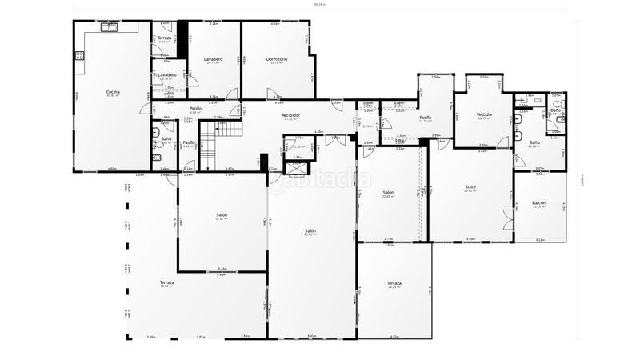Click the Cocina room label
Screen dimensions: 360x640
113,92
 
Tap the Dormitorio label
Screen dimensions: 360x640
277,59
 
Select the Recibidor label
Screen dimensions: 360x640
290,115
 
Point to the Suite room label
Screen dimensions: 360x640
470,187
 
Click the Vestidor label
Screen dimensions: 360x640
484,114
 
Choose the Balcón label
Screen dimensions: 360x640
539,203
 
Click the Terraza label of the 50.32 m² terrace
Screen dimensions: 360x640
166,282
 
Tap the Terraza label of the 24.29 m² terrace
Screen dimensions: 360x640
394,283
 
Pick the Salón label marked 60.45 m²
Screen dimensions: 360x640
310,230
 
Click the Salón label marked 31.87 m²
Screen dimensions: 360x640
222,215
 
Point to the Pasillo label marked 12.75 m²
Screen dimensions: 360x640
426,118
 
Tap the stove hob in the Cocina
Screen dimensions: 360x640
78,56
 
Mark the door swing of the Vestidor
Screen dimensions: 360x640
502,142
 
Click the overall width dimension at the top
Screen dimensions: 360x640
320,5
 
